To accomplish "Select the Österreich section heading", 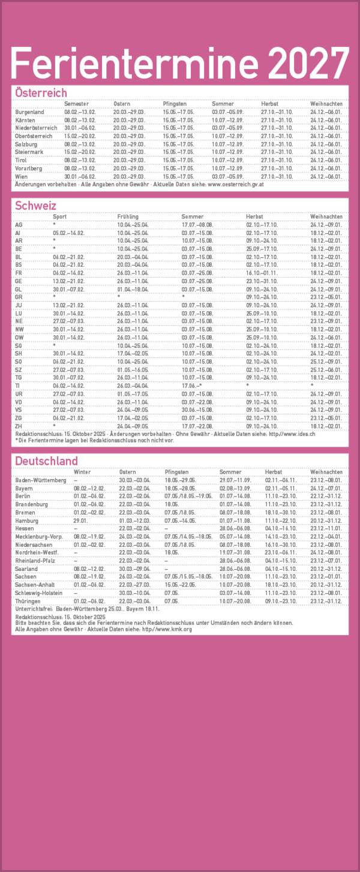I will pos(41,93).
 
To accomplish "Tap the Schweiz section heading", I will pos(35,206).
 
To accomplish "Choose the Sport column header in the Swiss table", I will pos(60,217).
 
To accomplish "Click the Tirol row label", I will pos(22,161).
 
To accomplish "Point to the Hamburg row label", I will pos(26,521).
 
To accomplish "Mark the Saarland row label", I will pos(26,569).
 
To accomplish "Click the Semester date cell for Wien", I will pos(80,177).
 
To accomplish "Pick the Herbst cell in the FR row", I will pos(262,273).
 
